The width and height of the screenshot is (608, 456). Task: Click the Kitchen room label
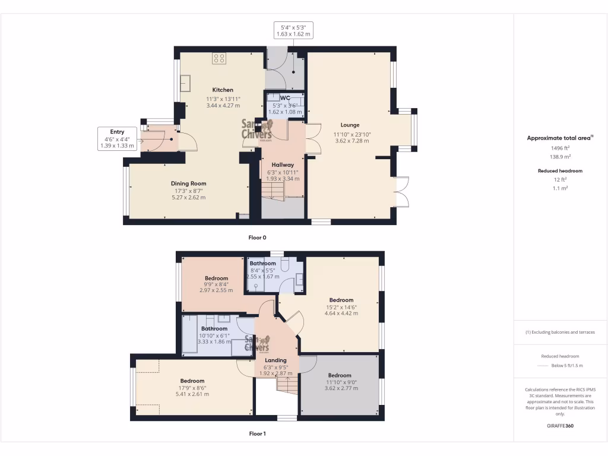[x=223, y=90]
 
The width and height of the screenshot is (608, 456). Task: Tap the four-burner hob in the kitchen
[x=219, y=58]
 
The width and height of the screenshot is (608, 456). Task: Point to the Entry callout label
[x=117, y=132]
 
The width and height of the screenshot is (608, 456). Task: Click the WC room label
[x=285, y=97]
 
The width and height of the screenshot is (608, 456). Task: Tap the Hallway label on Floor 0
[x=283, y=164]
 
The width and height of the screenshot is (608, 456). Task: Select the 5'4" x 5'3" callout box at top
[x=293, y=30]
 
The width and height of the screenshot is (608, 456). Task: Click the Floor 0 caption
[x=257, y=237]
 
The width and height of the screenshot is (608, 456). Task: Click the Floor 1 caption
[x=257, y=433]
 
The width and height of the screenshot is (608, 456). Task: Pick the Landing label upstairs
[x=275, y=360]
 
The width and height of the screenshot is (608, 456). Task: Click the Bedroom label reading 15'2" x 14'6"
[x=341, y=300]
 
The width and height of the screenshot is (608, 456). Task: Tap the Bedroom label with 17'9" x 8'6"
[x=192, y=381]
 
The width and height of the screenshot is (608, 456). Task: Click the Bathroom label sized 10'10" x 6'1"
[x=214, y=328]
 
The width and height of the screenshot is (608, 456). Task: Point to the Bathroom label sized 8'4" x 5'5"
[x=262, y=263]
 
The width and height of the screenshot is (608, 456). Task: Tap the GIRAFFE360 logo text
[x=560, y=425]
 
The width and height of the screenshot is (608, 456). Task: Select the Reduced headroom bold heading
[x=560, y=170]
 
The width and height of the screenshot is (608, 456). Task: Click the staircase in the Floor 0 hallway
[x=273, y=190]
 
